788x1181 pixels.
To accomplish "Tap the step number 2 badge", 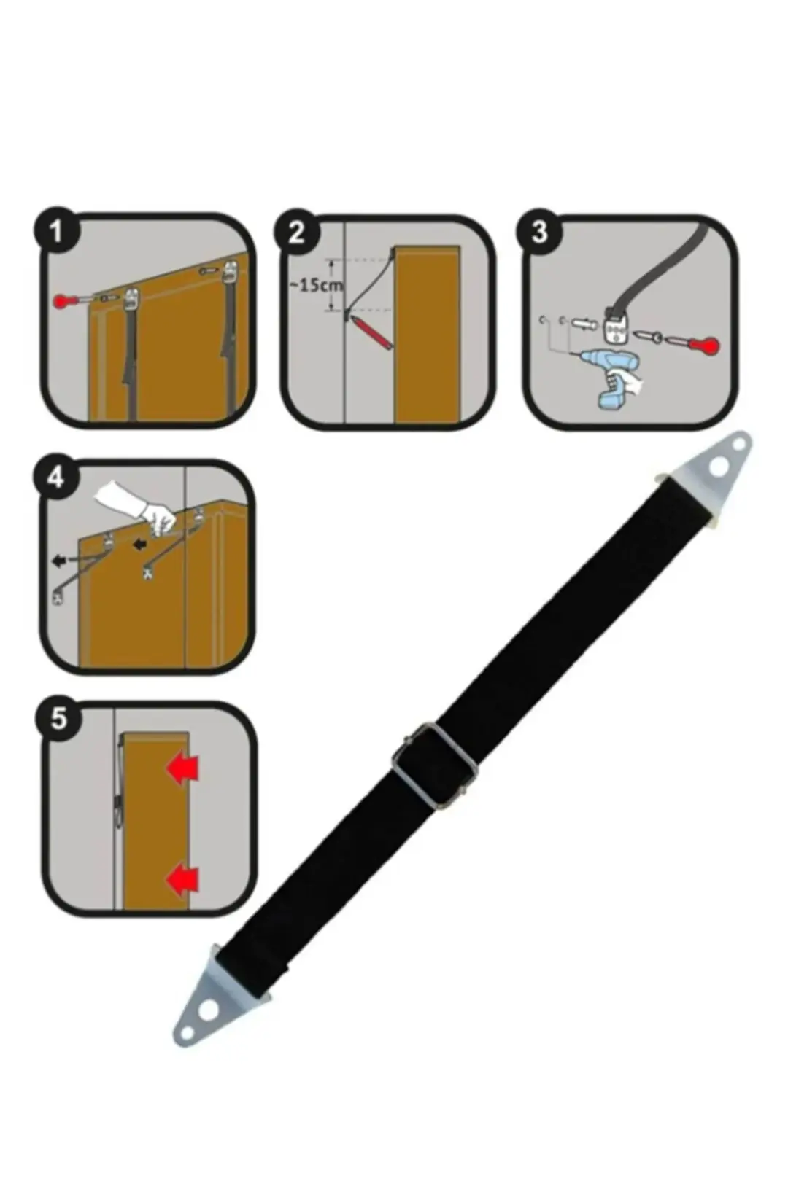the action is (297, 233).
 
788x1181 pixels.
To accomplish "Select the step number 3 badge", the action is (539, 232).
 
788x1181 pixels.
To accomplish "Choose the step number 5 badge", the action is (58, 719).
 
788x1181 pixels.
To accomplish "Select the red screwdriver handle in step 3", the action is (707, 346).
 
